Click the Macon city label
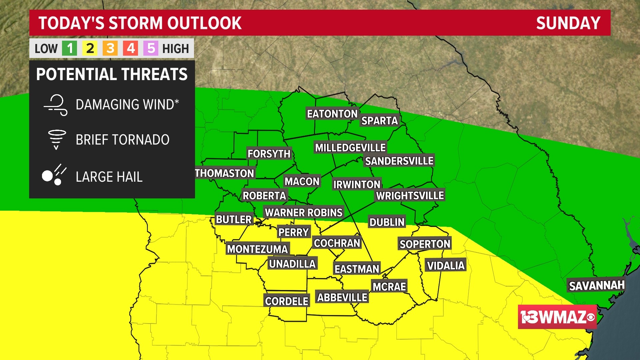[302, 181]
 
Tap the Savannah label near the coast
[596, 286]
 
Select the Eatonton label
[332, 114]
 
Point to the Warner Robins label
[303, 212]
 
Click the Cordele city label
[286, 301]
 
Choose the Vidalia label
[445, 265]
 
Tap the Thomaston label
[224, 173]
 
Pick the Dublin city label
[387, 222]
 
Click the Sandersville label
[399, 161]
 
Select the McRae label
[389, 286]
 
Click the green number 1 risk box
[69, 49]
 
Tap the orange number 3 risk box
[110, 49]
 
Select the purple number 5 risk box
[151, 49]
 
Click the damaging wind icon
[56, 105]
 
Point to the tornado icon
[57, 139]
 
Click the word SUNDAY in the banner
[568, 23]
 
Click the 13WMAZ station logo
[557, 317]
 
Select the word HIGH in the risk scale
[175, 49]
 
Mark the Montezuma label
[257, 249]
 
